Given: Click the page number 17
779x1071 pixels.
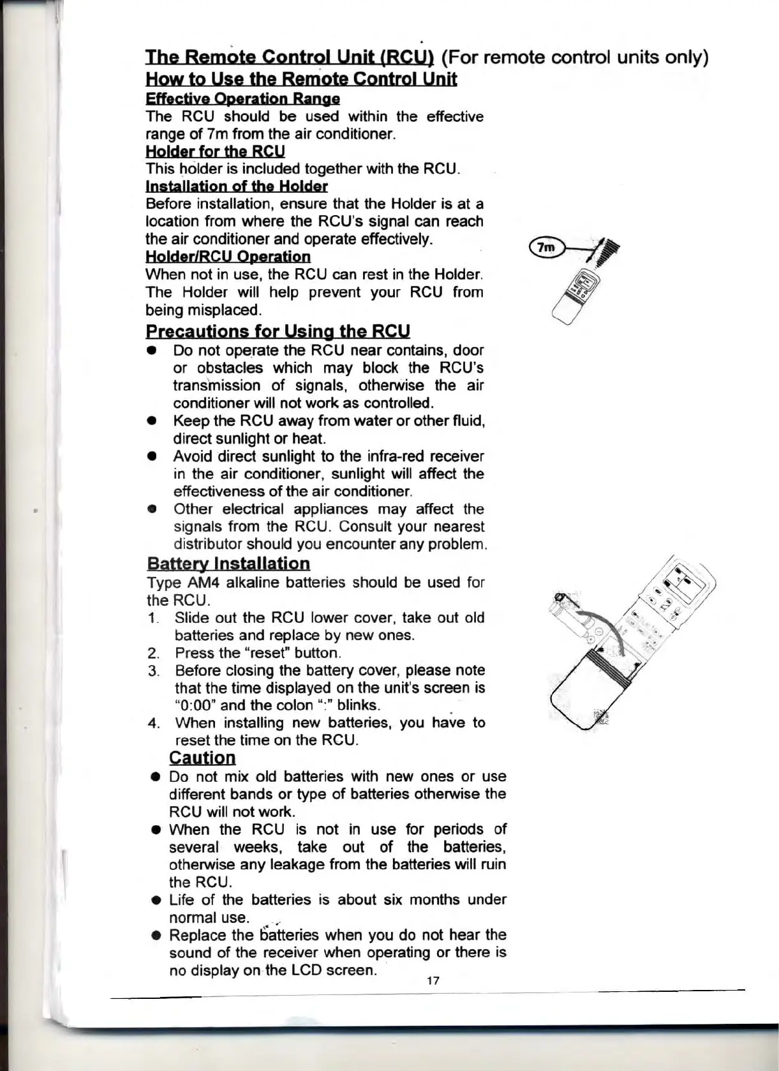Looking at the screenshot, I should (433, 980).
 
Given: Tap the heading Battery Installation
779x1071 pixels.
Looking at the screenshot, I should (228, 564).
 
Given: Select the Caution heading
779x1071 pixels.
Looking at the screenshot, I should (202, 758).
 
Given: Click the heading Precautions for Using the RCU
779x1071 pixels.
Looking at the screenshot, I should (278, 331).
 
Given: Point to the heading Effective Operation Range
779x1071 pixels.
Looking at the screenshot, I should (242, 99).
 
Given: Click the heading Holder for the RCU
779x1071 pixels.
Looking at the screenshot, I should (215, 151).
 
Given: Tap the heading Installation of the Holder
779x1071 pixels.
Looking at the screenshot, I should (237, 186).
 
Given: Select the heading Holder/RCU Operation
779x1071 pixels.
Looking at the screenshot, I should (228, 257).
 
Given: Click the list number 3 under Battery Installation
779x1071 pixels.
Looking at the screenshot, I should (152, 670).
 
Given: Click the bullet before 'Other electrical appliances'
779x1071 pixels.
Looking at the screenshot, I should (152, 509).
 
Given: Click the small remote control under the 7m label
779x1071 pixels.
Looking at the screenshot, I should (574, 297).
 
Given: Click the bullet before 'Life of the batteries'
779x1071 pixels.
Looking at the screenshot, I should (154, 900).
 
